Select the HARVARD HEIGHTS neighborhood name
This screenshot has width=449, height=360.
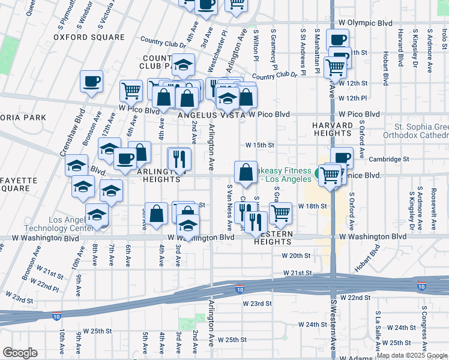click(333, 129)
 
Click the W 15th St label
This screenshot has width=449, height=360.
click(259, 145)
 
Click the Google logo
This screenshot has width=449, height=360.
click(20, 353)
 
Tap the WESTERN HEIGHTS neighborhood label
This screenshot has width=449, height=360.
click(273, 237)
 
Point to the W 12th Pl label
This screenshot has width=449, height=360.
click(352, 98)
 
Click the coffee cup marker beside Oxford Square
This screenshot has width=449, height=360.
click(92, 81)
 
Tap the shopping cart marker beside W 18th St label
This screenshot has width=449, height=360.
click(280, 212)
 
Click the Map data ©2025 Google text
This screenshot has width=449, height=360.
click(412, 355)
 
